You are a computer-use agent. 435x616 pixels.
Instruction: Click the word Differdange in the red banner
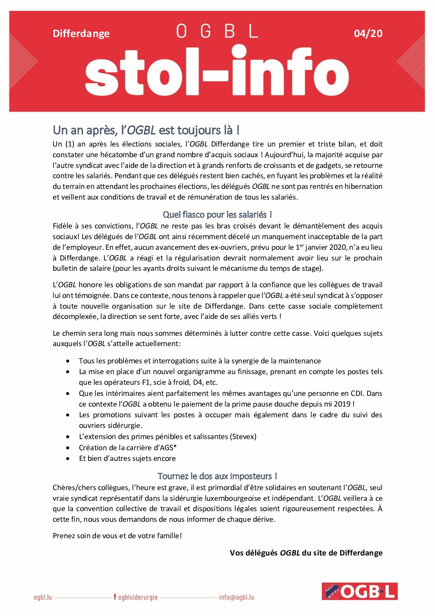(x=81, y=33)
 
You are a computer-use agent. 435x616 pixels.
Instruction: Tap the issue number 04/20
(x=368, y=33)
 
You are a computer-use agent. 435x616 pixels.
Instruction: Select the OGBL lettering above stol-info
(x=217, y=31)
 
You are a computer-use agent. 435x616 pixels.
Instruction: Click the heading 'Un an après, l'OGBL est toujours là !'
(x=146, y=130)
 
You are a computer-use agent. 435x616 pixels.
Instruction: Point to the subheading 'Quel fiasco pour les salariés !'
(x=217, y=214)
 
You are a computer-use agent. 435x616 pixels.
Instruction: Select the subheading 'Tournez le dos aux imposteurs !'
(x=217, y=476)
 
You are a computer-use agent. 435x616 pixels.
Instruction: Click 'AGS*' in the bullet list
(x=168, y=448)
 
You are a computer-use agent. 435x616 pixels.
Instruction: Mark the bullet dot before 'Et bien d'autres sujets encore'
(x=68, y=458)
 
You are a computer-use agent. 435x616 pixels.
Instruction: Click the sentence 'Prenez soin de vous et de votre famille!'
(x=117, y=536)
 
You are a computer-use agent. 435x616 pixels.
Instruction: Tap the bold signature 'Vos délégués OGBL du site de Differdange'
(x=306, y=553)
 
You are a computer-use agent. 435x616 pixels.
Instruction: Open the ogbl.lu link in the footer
(x=43, y=597)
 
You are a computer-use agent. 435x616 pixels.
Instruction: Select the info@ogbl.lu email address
(x=236, y=597)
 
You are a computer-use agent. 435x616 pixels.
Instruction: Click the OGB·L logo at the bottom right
(x=359, y=591)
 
